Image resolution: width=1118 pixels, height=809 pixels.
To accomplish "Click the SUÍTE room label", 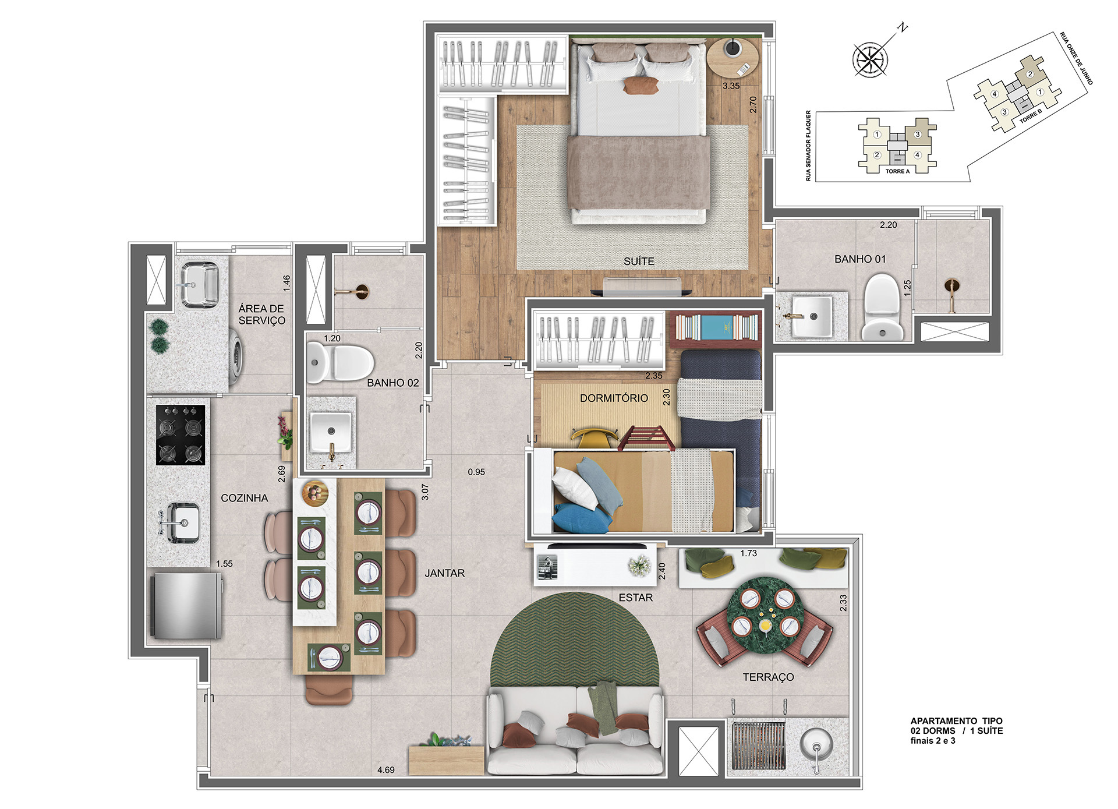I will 639,262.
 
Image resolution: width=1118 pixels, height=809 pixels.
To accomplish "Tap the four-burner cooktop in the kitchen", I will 181,435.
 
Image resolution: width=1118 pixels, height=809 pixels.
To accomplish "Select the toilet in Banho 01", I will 882,307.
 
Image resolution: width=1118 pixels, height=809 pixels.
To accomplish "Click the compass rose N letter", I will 903,27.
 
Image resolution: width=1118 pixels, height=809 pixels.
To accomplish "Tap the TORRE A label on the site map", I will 897,171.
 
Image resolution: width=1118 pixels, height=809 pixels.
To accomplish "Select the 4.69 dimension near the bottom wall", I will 385,770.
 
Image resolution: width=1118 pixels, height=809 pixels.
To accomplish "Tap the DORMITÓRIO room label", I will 614,398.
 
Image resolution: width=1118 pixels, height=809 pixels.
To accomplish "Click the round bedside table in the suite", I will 733,56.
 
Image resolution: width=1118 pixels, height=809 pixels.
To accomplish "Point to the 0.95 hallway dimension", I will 476,472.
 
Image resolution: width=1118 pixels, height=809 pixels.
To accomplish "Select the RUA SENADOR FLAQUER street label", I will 808,146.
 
